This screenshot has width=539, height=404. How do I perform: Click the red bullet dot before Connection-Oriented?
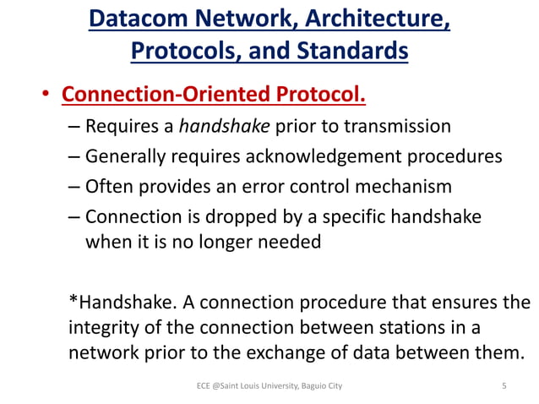pos(48,92)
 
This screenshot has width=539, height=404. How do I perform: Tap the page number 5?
pos(504,386)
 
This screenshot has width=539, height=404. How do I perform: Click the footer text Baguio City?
pos(320,386)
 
